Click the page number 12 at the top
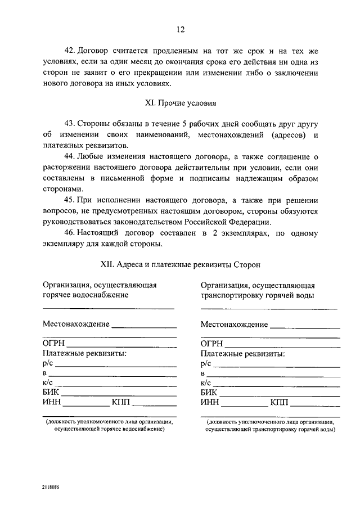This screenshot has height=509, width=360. [x=180, y=30]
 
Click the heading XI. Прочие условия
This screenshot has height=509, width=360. [x=180, y=103]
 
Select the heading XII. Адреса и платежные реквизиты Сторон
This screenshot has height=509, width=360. [x=180, y=264]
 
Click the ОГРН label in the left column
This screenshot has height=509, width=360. [x=54, y=344]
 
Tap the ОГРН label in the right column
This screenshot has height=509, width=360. [x=212, y=344]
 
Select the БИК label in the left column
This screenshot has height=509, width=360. [x=51, y=392]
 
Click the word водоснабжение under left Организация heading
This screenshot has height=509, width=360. [x=102, y=294]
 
